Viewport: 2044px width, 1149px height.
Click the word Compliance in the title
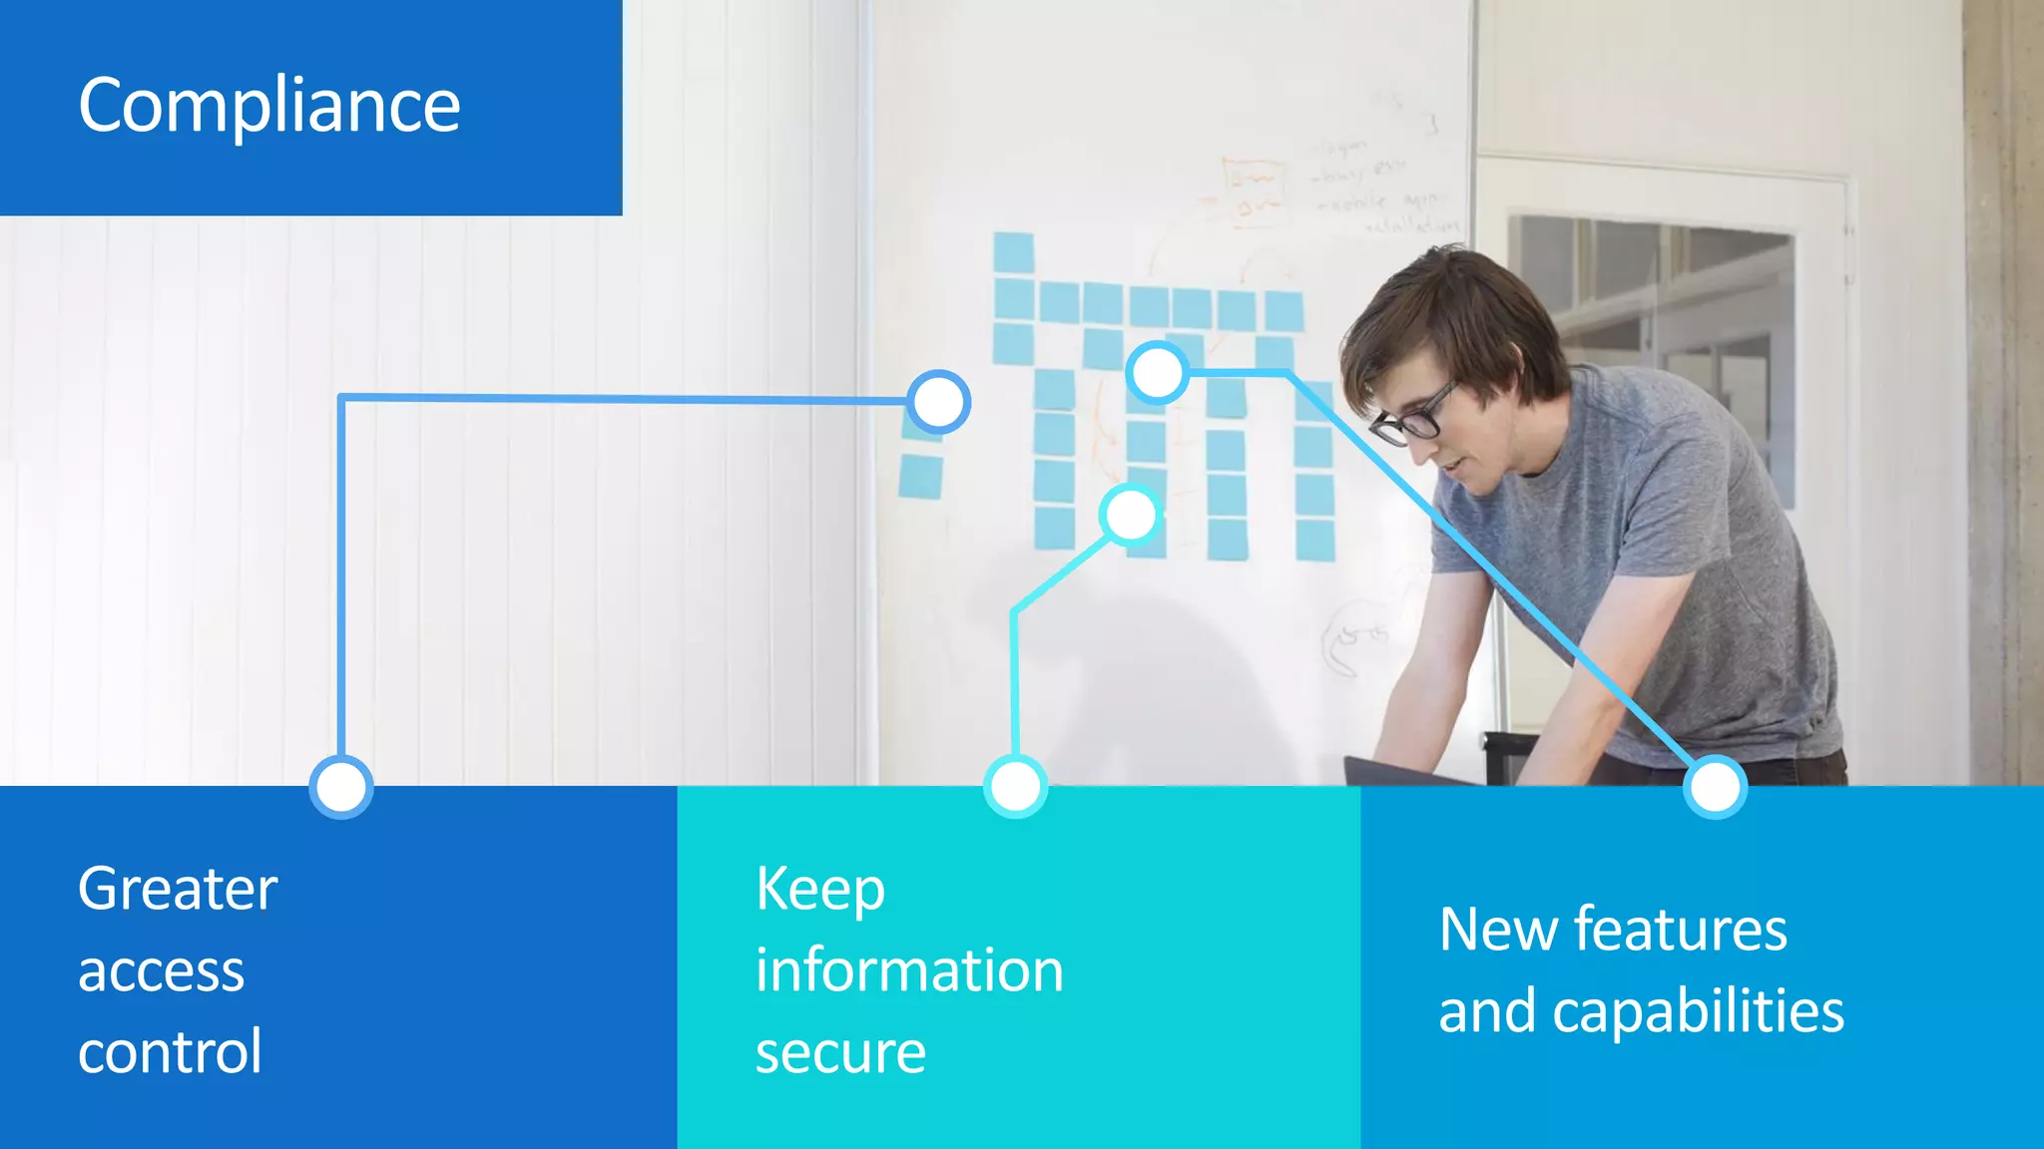[x=269, y=106]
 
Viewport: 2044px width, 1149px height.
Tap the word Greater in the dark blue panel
[x=178, y=889]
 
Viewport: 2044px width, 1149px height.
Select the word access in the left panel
[x=161, y=971]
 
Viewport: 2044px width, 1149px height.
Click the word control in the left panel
[x=170, y=1052]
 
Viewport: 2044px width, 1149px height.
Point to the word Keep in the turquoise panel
[x=819, y=889]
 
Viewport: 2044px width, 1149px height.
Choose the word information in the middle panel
[x=909, y=971]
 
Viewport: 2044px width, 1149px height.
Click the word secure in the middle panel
[x=840, y=1053]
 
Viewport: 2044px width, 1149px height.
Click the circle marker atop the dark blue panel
[x=341, y=787]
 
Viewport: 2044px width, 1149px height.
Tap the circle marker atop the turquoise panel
[x=1016, y=787]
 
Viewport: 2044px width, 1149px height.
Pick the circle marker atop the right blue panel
[x=1715, y=787]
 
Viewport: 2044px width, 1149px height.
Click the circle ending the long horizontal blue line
[x=938, y=402]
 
